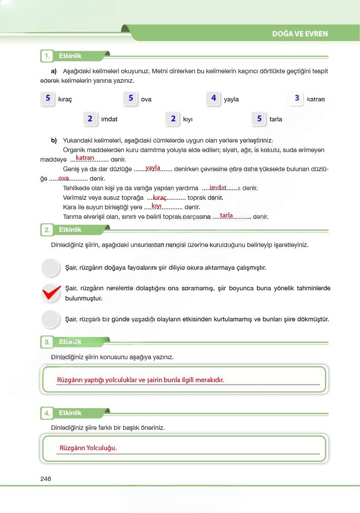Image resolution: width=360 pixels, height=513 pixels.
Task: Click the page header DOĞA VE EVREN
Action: [300, 34]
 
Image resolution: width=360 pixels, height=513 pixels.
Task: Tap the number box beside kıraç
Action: [48, 98]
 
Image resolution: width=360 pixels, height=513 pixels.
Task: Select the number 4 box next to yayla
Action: [214, 98]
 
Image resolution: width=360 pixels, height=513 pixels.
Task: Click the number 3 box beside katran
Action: [297, 98]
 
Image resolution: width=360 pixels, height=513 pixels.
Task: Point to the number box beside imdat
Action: [90, 118]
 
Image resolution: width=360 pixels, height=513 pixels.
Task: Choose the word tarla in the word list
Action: [276, 119]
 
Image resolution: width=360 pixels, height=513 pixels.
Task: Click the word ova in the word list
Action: [146, 99]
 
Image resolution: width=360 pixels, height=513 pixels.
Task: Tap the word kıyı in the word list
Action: [187, 119]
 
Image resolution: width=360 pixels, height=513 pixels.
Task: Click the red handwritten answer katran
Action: [85, 158]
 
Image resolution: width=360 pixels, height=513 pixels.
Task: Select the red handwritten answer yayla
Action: [153, 168]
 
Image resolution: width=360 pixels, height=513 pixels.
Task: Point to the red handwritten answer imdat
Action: [218, 187]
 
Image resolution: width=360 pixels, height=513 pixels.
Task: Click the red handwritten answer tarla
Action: [226, 215]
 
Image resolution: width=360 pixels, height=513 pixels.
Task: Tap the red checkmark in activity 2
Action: [51, 293]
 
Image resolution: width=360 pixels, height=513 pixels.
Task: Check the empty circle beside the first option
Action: [50, 267]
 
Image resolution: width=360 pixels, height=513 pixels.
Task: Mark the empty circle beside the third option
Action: [50, 319]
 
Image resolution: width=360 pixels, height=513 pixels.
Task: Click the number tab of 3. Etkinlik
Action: [47, 342]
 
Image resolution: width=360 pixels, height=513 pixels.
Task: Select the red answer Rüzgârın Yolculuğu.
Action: [88, 448]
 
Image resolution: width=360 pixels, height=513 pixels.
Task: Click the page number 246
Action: [45, 479]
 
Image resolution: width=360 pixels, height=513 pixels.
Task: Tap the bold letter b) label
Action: [54, 140]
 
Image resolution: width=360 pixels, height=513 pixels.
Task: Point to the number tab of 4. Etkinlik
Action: [47, 413]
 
